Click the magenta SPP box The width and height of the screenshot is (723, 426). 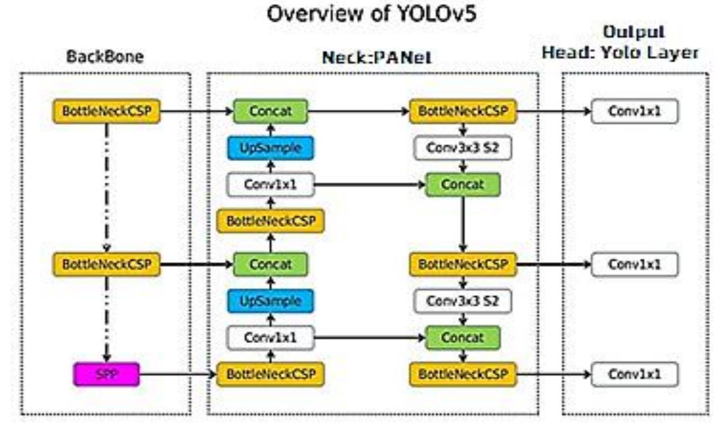pyautogui.click(x=106, y=374)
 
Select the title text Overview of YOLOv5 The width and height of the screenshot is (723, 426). pyautogui.click(x=372, y=14)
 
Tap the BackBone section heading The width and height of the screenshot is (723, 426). pyautogui.click(x=105, y=57)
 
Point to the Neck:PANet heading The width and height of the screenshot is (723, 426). pyautogui.click(x=376, y=57)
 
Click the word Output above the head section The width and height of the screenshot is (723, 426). pyautogui.click(x=634, y=32)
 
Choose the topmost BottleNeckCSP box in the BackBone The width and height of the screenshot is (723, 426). pyautogui.click(x=107, y=112)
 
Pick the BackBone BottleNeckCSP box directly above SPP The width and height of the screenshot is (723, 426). pyautogui.click(x=107, y=264)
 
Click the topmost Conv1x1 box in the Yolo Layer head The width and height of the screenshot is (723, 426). pyautogui.click(x=634, y=112)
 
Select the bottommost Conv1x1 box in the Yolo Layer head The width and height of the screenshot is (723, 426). pyautogui.click(x=634, y=374)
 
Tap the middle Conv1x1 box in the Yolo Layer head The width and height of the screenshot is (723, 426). pyautogui.click(x=634, y=264)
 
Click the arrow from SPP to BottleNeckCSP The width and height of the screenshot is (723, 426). pyautogui.click(x=177, y=374)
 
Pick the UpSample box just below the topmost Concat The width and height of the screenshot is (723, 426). pyautogui.click(x=270, y=148)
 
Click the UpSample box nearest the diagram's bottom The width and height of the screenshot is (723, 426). pyautogui.click(x=270, y=301)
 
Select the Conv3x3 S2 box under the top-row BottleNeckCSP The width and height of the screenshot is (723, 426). pyautogui.click(x=463, y=148)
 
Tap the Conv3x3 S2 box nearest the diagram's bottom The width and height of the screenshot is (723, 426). pyautogui.click(x=463, y=301)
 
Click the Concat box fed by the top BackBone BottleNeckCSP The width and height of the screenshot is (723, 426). pyautogui.click(x=270, y=112)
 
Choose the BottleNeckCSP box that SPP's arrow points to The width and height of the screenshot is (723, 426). pyautogui.click(x=270, y=374)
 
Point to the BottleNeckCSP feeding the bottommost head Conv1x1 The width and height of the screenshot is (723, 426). pyautogui.click(x=463, y=374)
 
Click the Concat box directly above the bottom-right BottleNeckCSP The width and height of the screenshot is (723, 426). pyautogui.click(x=463, y=338)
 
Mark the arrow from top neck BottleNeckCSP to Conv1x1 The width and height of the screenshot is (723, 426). pyautogui.click(x=553, y=112)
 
